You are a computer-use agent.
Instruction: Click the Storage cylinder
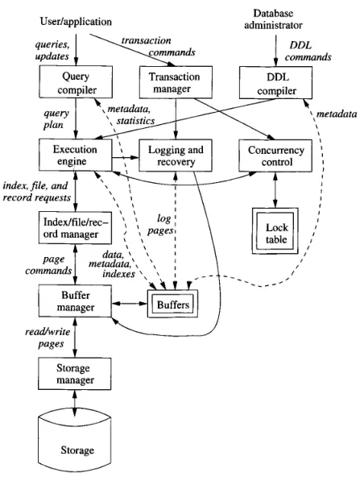tap(74, 442)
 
